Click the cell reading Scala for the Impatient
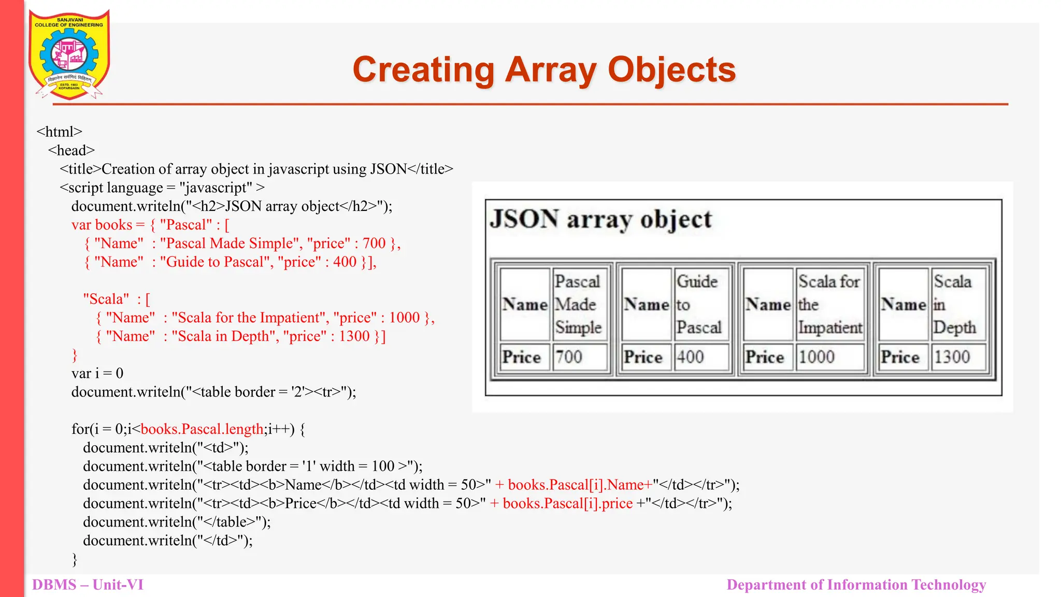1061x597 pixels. point(829,304)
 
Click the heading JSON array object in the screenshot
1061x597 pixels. point(601,219)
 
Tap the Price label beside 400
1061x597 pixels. point(643,357)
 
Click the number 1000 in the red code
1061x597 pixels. point(404,318)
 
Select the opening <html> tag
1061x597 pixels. point(60,132)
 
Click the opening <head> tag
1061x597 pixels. point(71,151)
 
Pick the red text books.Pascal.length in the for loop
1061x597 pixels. point(202,429)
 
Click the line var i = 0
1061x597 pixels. point(97,374)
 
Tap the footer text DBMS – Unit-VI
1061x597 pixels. point(88,585)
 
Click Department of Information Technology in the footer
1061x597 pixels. point(856,585)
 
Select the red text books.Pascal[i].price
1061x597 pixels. point(568,504)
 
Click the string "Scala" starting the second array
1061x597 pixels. point(106,299)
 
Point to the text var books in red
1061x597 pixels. point(102,225)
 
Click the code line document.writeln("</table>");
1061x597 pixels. point(177,522)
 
